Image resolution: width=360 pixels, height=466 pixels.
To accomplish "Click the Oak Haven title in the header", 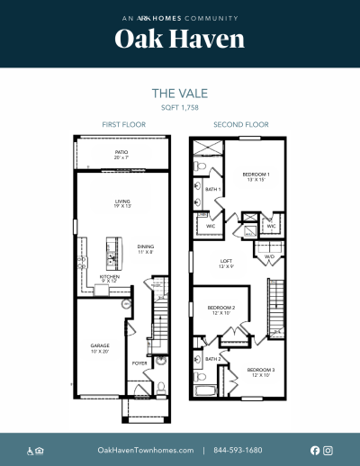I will coord(179,40).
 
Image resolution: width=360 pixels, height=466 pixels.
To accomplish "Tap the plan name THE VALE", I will coord(179,92).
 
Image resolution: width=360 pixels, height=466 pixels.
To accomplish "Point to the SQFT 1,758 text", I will coord(179,106).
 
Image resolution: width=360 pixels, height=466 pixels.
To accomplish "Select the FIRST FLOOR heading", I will coord(121,124).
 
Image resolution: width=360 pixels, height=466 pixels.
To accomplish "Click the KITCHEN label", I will coord(110,279).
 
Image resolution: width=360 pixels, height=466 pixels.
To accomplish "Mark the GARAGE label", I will coord(99,346).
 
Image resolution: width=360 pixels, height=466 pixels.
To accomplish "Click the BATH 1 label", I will coord(213,190).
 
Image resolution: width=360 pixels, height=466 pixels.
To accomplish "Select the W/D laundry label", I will coord(269,257).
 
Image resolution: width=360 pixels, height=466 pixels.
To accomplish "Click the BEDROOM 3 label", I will coord(260,371).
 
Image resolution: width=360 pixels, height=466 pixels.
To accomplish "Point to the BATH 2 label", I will coord(212,359).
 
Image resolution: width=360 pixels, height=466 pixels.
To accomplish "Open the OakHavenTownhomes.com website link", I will coord(146,450).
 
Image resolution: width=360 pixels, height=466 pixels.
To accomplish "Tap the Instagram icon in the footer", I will coord(328,450).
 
